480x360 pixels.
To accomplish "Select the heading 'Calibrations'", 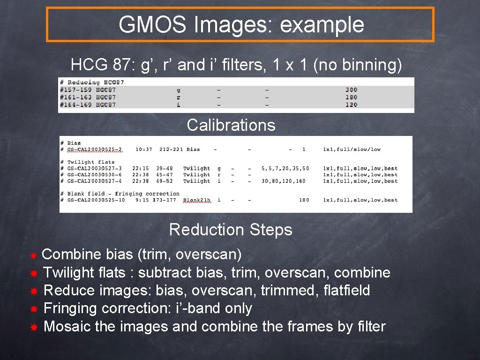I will [231, 125].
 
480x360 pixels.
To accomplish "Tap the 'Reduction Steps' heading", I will [231, 230].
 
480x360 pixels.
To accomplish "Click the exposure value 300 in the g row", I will [351, 90].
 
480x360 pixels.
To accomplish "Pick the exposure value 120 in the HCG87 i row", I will [351, 105].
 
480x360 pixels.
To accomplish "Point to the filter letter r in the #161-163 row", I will [178, 97].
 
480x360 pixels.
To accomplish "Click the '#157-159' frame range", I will [75, 90].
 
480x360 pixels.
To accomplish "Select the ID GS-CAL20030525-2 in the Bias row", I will [95, 150].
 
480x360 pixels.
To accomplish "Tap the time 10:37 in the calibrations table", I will [144, 150].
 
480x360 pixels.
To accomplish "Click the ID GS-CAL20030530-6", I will [95, 175].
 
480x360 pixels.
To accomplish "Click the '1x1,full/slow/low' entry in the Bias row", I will [352, 150].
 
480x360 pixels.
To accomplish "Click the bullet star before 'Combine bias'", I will [33, 255].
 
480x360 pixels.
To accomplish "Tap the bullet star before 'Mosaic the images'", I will [34, 327].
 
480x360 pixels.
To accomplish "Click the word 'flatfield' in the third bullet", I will [346, 291].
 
